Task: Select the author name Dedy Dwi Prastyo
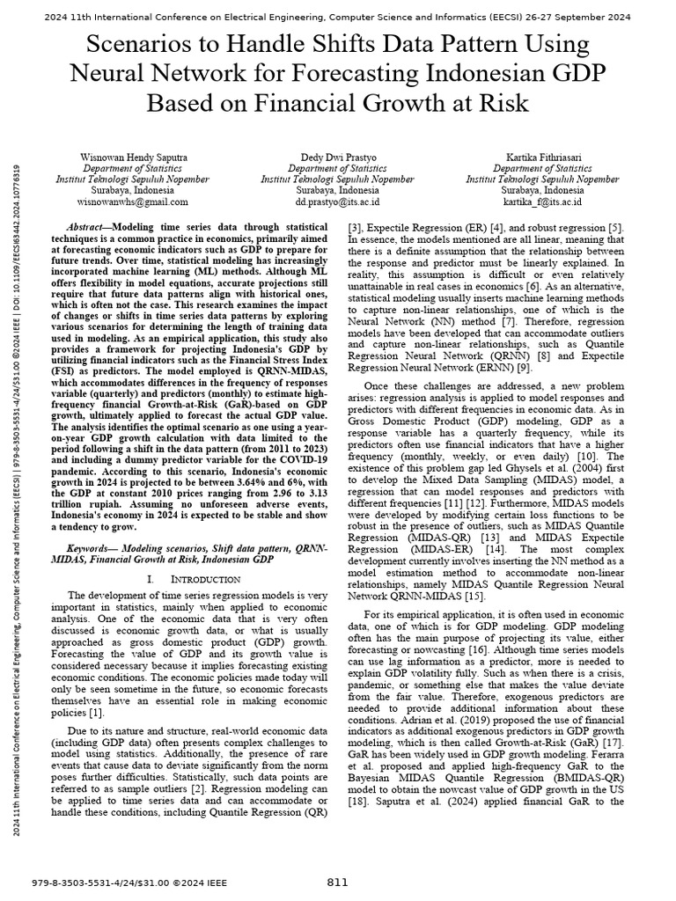(x=337, y=157)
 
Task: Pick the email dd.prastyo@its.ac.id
(x=337, y=201)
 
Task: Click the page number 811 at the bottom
(x=337, y=883)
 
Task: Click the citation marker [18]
(x=361, y=802)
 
